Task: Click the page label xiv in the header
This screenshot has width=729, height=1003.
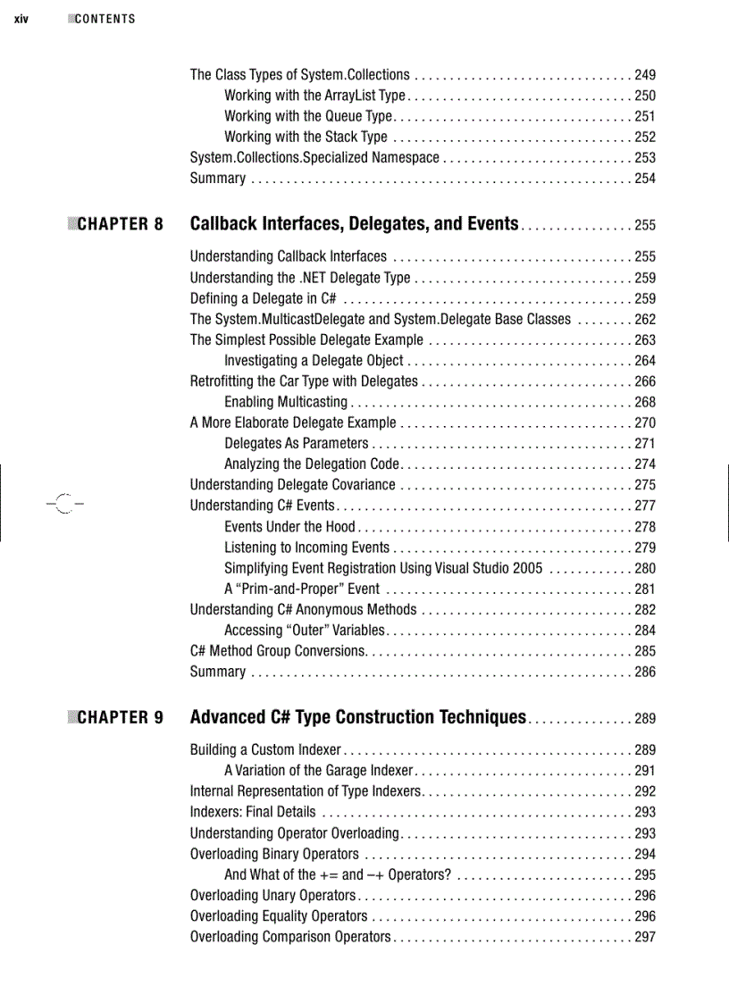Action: pyautogui.click(x=21, y=19)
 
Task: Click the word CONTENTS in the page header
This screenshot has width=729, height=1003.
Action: pyautogui.click(x=105, y=19)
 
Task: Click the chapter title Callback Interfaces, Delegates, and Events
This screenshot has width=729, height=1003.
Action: pyautogui.click(x=354, y=223)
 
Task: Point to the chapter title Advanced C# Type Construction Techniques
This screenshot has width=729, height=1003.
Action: pyautogui.click(x=357, y=717)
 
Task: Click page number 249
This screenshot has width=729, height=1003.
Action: pyautogui.click(x=644, y=75)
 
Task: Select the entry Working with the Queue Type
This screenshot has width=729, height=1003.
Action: pyautogui.click(x=308, y=116)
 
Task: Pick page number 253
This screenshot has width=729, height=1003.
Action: pyautogui.click(x=644, y=158)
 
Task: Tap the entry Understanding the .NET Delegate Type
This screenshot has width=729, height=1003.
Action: pyautogui.click(x=300, y=278)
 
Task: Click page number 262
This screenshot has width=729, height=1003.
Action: pyautogui.click(x=644, y=319)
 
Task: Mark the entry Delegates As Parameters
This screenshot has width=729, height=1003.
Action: pyautogui.click(x=296, y=444)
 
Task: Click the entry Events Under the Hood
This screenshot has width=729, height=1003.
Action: pyautogui.click(x=289, y=527)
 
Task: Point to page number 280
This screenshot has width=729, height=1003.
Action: pyautogui.click(x=644, y=568)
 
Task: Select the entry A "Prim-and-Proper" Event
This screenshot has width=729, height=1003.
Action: pyautogui.click(x=302, y=589)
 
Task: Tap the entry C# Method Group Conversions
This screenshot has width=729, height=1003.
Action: pyautogui.click(x=277, y=651)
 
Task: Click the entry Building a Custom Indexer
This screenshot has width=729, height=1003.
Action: pyautogui.click(x=265, y=750)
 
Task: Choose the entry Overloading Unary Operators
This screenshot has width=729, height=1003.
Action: pyautogui.click(x=272, y=896)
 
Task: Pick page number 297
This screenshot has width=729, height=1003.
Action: pyautogui.click(x=644, y=937)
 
